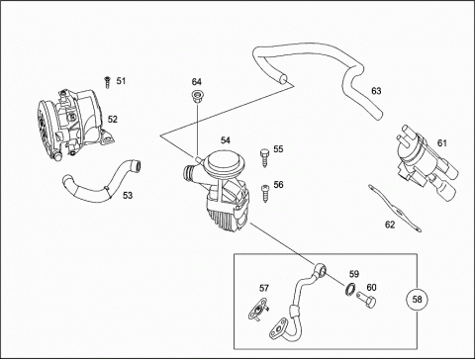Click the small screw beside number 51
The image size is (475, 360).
107,82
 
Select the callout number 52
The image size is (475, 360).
113,119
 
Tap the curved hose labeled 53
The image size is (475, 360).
102,181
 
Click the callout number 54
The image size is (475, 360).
226,140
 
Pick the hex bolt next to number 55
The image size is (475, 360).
264,158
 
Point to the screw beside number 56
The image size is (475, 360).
265,193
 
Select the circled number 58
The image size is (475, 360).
418,300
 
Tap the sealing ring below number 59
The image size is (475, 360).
350,289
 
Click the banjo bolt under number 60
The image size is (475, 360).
366,300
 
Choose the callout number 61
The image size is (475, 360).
442,143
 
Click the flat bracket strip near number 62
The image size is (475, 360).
395,208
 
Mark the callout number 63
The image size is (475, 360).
376,91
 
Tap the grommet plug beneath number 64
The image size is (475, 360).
197,97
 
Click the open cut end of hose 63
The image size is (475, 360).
283,80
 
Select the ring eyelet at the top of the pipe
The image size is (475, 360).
321,269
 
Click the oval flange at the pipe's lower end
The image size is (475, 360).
278,327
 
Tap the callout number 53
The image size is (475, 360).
128,196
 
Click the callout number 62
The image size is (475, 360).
390,225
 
